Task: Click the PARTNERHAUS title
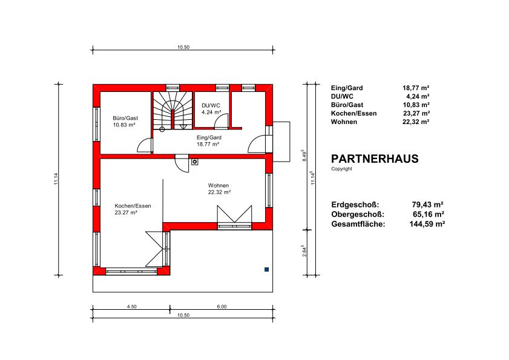pos(375,159)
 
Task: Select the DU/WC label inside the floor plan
pos(211,105)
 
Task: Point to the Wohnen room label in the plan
pos(218,185)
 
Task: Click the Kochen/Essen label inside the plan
pos(133,206)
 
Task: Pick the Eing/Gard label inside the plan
pos(209,137)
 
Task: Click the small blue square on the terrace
pos(267,269)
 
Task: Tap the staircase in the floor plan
pos(172,110)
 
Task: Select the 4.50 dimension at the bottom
pos(132,306)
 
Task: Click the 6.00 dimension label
pos(222,306)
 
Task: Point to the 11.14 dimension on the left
pos(56,179)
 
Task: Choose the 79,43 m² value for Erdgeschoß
pos(427,205)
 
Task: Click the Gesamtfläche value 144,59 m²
pos(427,224)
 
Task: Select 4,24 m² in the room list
pos(418,96)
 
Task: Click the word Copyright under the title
pos(341,169)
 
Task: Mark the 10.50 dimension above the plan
pos(183,47)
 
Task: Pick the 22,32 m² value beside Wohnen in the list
pos(416,122)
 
